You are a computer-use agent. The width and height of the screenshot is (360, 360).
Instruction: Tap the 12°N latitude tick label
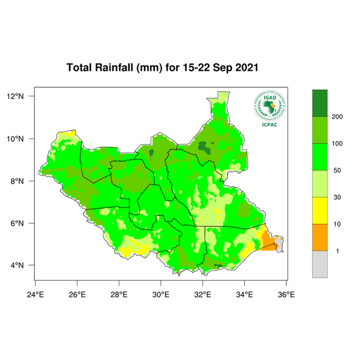point(16,96)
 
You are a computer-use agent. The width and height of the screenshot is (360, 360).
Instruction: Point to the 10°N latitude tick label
point(16,139)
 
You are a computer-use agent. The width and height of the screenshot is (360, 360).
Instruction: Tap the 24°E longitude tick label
point(36,295)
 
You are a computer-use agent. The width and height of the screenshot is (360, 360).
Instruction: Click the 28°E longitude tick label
point(119,295)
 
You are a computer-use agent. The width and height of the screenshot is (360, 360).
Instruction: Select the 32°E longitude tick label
point(202,295)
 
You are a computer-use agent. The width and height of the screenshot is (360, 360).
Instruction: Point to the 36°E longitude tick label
point(286,295)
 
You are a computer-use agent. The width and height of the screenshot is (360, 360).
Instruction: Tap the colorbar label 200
point(337,116)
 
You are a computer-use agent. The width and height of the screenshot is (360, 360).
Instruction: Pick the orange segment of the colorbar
point(321,237)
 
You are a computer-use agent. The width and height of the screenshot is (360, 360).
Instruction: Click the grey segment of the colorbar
point(321,264)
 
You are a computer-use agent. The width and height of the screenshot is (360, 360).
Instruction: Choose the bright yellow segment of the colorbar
point(321,210)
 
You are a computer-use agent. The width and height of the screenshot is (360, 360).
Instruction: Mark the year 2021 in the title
point(244,67)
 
